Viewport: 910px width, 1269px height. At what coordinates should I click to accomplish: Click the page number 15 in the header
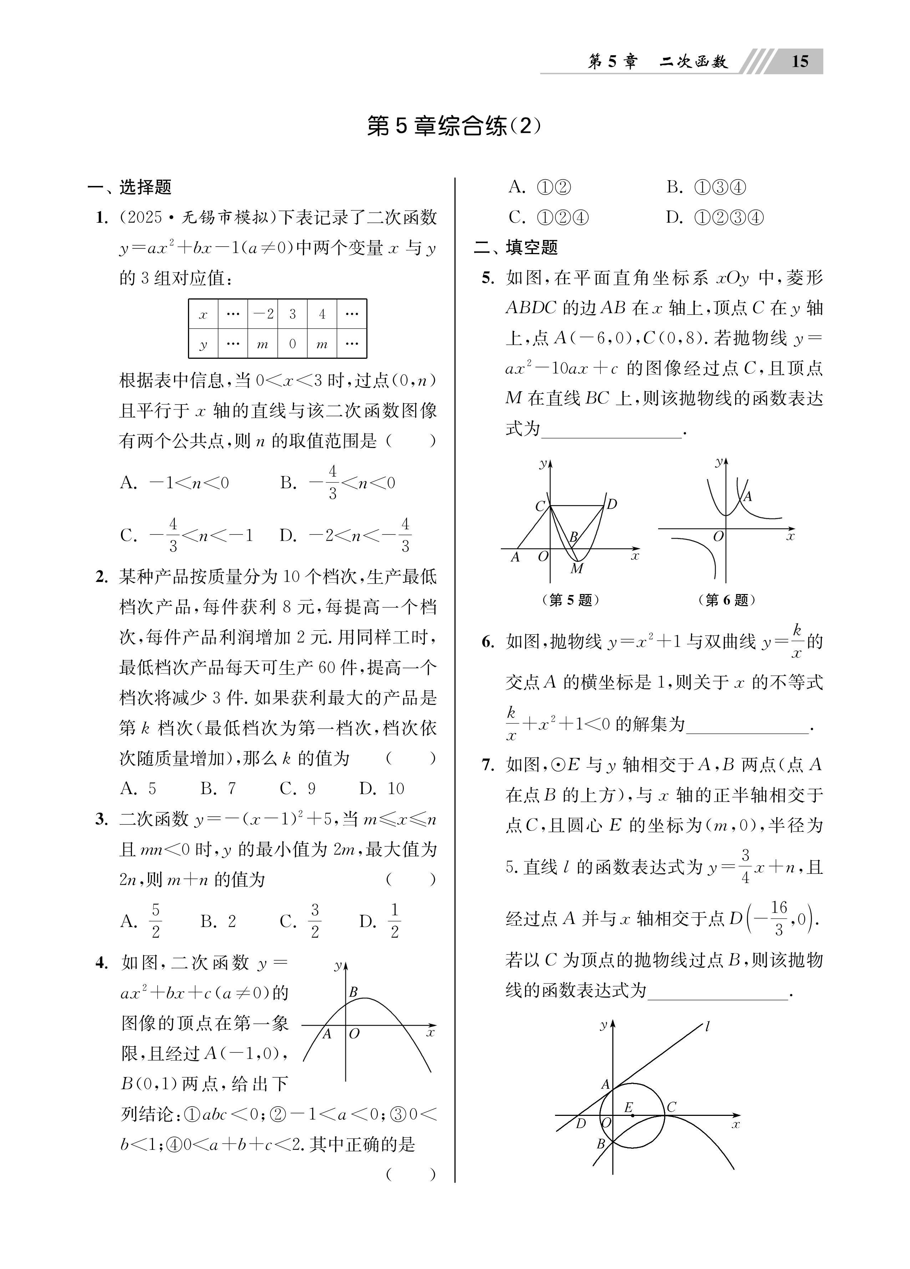pyautogui.click(x=800, y=61)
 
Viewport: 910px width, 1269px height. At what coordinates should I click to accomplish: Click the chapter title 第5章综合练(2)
pyautogui.click(x=454, y=126)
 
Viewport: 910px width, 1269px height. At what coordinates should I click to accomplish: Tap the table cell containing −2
pyautogui.click(x=263, y=314)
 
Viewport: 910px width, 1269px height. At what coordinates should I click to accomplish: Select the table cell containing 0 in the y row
pyautogui.click(x=292, y=343)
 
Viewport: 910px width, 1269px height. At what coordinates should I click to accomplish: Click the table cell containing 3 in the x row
pyautogui.click(x=292, y=314)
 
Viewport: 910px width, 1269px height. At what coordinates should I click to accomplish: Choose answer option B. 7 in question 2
pyautogui.click(x=218, y=789)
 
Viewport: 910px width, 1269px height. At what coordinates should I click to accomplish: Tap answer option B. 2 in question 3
pyautogui.click(x=218, y=921)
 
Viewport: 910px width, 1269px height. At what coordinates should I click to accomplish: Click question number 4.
pyautogui.click(x=101, y=962)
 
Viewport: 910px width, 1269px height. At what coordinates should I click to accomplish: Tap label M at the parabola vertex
pyautogui.click(x=577, y=569)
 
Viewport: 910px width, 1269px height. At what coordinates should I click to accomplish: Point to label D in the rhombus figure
pyautogui.click(x=611, y=504)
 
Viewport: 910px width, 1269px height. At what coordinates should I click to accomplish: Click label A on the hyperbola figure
pyautogui.click(x=747, y=496)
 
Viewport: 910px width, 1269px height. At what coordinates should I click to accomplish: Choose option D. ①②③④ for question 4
pyautogui.click(x=715, y=217)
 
